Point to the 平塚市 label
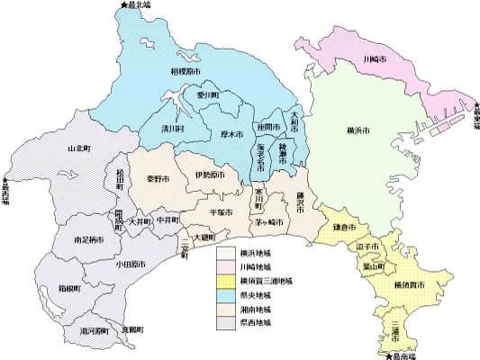(x=222, y=211)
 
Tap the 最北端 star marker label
(x=134, y=6)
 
